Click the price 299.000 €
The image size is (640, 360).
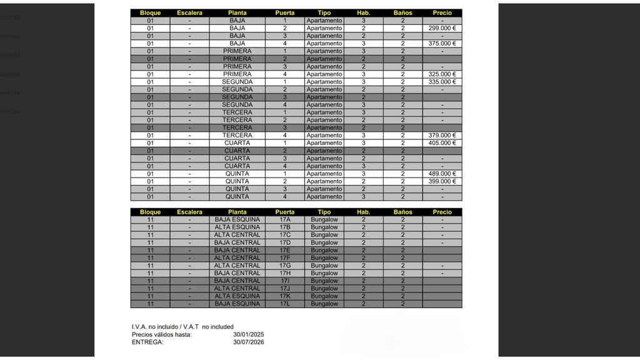click(x=442, y=28)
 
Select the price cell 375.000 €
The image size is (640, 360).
click(x=442, y=44)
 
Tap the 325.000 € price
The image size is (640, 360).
click(x=442, y=74)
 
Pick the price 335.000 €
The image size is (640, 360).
click(x=442, y=82)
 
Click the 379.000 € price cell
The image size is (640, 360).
click(x=442, y=136)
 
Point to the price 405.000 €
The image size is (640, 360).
click(x=442, y=143)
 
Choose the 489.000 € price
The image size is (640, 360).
click(x=442, y=174)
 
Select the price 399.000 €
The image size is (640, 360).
click(x=442, y=181)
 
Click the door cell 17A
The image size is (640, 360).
click(x=285, y=220)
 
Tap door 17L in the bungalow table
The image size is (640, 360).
click(x=285, y=304)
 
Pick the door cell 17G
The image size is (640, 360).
click(x=285, y=266)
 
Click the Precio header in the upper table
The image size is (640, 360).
click(x=442, y=13)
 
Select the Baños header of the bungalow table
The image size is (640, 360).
click(x=403, y=212)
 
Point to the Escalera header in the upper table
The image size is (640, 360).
click(x=189, y=13)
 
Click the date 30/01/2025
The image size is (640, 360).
click(x=248, y=334)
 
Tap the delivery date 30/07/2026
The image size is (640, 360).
click(x=248, y=342)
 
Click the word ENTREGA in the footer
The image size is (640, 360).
click(x=147, y=342)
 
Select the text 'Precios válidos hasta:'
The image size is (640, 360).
click(x=162, y=334)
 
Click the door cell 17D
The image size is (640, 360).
click(x=285, y=242)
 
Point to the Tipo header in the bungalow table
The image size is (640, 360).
click(x=324, y=212)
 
